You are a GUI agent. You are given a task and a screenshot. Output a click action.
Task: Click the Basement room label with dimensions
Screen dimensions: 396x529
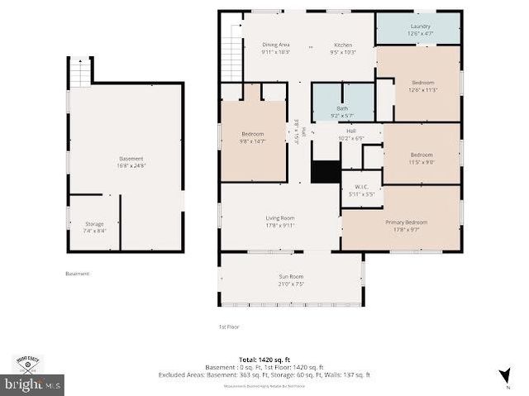click(131, 161)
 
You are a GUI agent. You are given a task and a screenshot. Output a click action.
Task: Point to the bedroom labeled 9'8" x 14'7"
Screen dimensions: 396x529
click(252, 137)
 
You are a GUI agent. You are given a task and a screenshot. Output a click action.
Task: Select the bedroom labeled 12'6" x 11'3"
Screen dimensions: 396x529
click(422, 86)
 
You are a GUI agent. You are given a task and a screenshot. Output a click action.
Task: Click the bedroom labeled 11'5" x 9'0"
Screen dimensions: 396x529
click(422, 158)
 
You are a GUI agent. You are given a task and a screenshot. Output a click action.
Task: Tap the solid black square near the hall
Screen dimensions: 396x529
click(326, 172)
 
